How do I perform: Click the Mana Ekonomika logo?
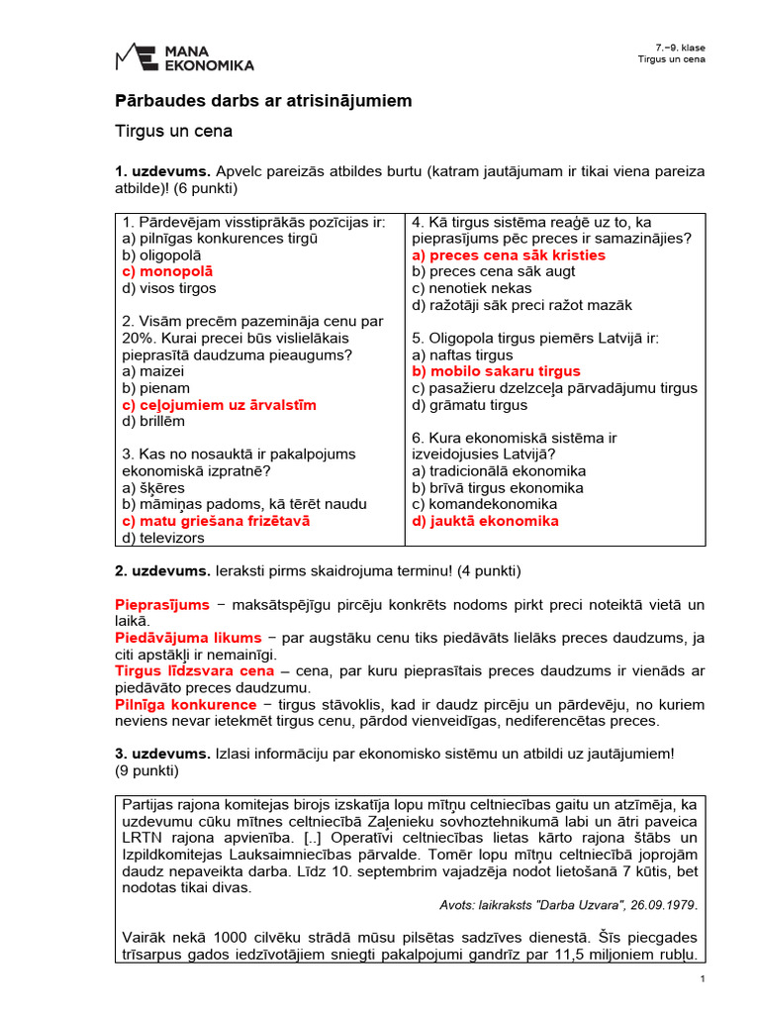pyautogui.click(x=184, y=56)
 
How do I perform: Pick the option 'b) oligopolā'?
pyautogui.click(x=161, y=254)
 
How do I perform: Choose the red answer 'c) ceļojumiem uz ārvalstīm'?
pyautogui.click(x=219, y=405)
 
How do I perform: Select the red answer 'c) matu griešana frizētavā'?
pyautogui.click(x=216, y=521)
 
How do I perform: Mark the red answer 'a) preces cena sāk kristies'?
pyautogui.click(x=509, y=254)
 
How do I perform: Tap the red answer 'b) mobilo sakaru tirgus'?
pyautogui.click(x=496, y=371)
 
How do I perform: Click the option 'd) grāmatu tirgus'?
pyautogui.click(x=470, y=405)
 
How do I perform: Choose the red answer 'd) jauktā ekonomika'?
pyautogui.click(x=485, y=521)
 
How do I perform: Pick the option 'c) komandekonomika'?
pyautogui.click(x=485, y=504)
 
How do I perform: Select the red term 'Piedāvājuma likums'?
pyautogui.click(x=188, y=638)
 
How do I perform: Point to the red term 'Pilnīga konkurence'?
pyautogui.click(x=186, y=704)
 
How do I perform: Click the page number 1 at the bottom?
pyautogui.click(x=702, y=979)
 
